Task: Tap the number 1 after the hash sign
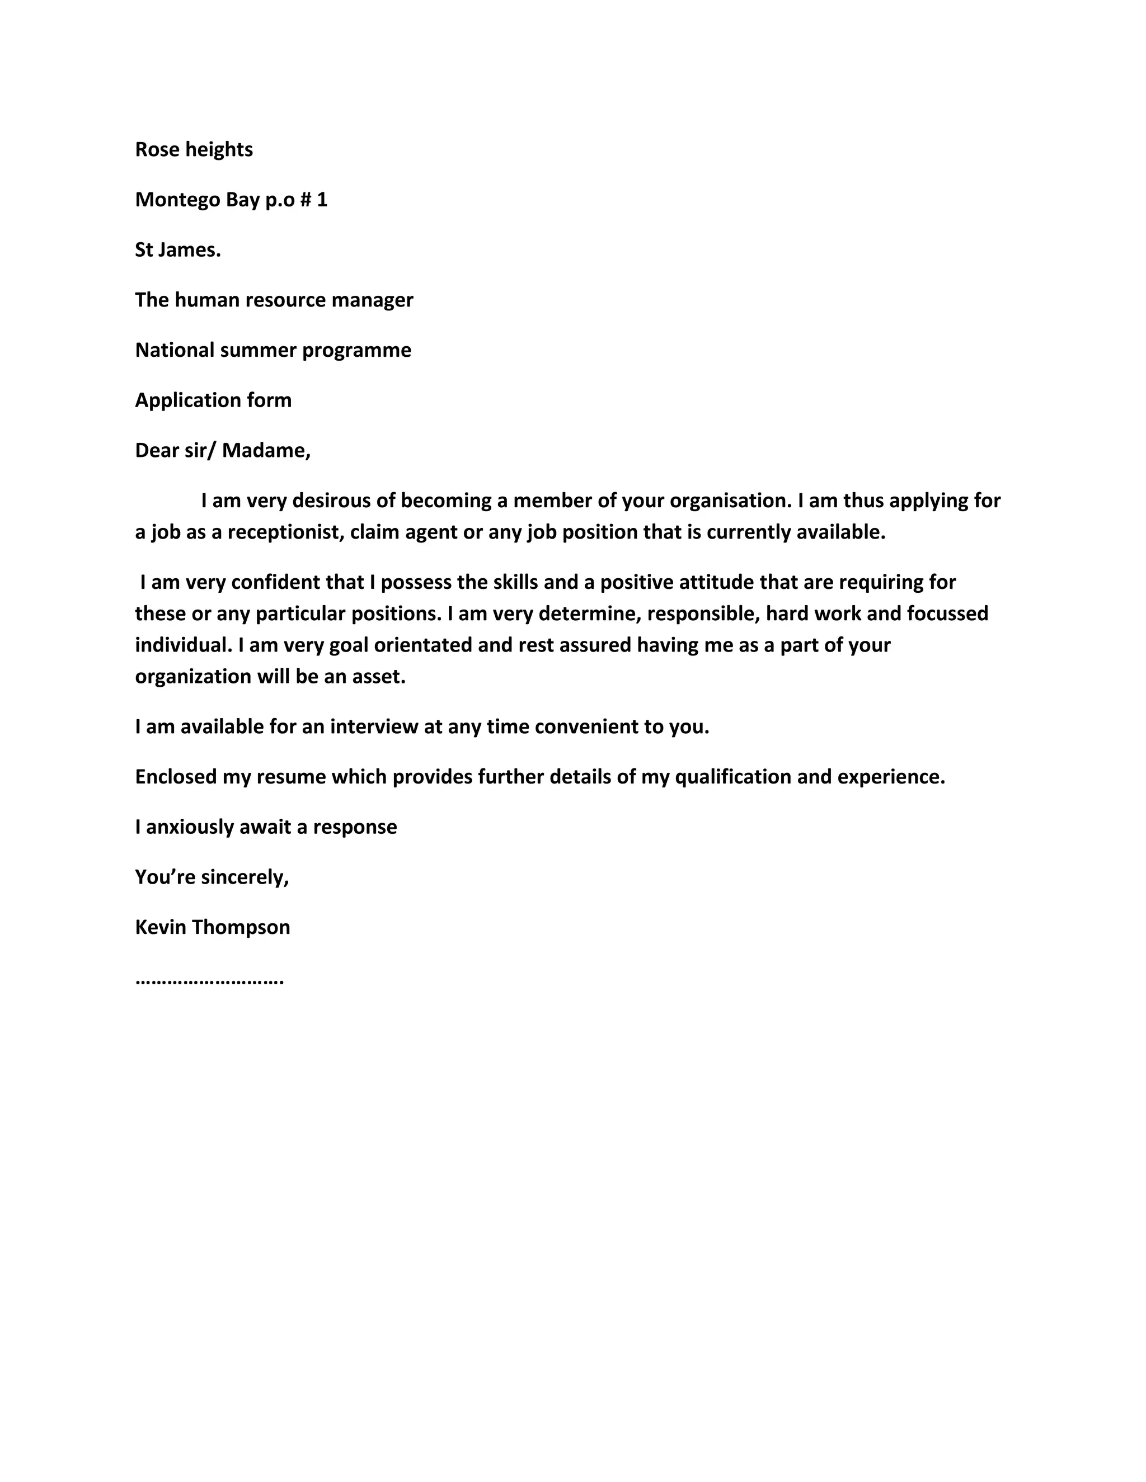(322, 200)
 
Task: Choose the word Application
(187, 400)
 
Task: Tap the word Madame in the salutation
(265, 451)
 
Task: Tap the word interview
(373, 727)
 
